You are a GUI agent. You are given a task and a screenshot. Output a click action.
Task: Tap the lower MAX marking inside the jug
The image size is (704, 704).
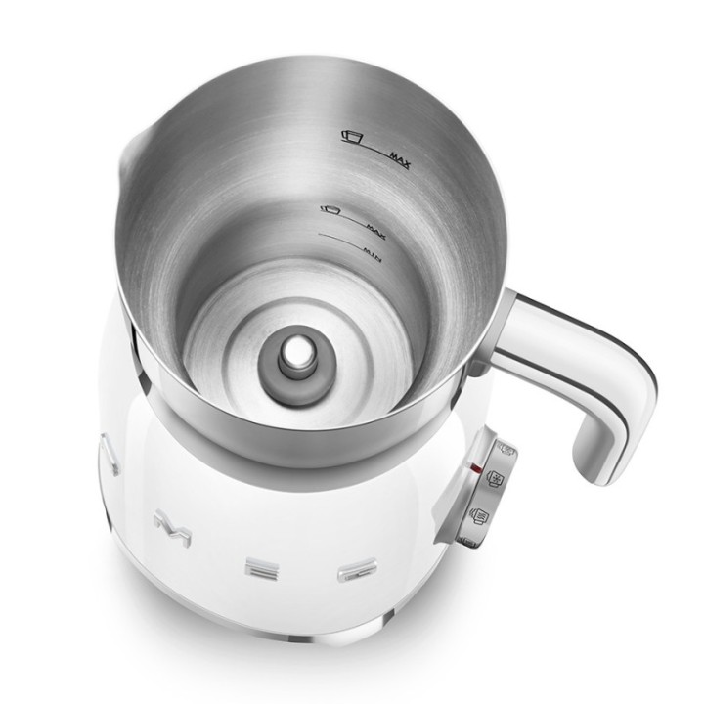pyautogui.click(x=373, y=226)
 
